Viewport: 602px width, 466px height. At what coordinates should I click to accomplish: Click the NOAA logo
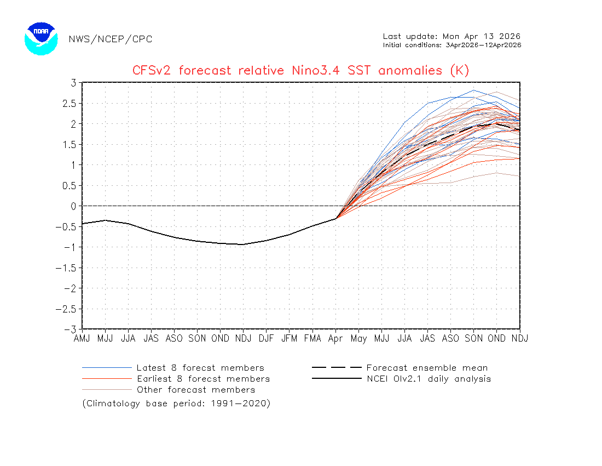[41, 38]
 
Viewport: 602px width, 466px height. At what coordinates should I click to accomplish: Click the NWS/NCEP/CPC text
[111, 39]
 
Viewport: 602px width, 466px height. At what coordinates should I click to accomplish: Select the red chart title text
[300, 71]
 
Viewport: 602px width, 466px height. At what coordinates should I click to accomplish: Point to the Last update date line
[451, 36]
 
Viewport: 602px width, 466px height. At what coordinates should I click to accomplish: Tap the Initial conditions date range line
[451, 45]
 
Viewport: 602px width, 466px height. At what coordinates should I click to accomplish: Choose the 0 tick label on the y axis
[73, 206]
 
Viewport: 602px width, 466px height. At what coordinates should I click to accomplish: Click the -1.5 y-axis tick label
[68, 268]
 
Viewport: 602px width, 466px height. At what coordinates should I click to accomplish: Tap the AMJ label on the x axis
[82, 339]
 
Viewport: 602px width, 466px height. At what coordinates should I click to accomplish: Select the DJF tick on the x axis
[266, 339]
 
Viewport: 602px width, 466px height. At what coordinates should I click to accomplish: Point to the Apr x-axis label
[335, 339]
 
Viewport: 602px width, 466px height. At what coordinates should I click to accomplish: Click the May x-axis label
[358, 339]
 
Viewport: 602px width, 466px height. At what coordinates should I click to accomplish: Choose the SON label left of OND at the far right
[473, 339]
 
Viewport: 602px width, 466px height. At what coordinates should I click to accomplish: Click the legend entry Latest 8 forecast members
[200, 368]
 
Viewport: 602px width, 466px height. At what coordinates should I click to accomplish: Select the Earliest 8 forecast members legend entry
[203, 379]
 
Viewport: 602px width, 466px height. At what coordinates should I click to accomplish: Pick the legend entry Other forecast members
[196, 390]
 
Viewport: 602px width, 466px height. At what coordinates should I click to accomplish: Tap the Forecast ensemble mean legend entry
[427, 368]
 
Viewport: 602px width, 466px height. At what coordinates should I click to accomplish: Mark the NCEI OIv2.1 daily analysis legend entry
[429, 379]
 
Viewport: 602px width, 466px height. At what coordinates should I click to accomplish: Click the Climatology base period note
[176, 404]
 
